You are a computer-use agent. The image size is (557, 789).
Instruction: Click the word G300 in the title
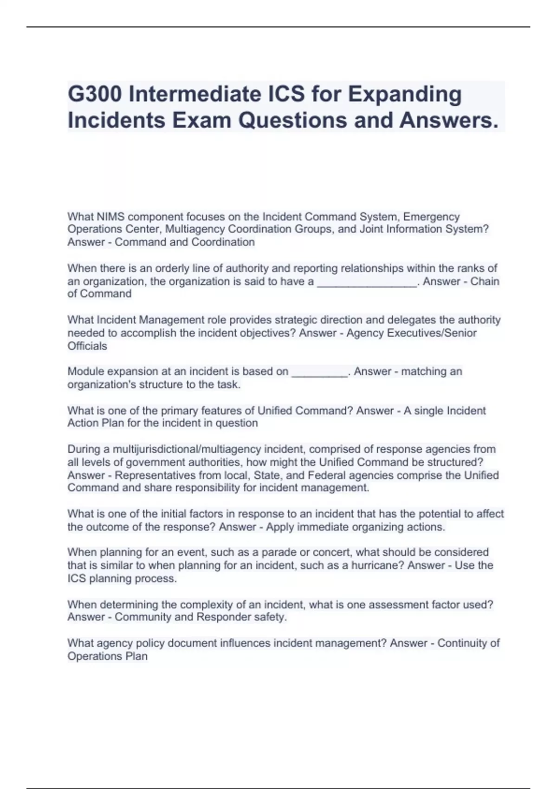tap(95, 94)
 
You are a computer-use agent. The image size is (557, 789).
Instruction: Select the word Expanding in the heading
tap(404, 94)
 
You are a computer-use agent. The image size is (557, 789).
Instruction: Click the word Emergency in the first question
tap(432, 217)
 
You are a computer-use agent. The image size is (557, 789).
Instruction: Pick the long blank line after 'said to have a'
tap(367, 282)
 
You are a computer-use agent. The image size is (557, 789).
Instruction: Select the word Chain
tap(485, 281)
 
